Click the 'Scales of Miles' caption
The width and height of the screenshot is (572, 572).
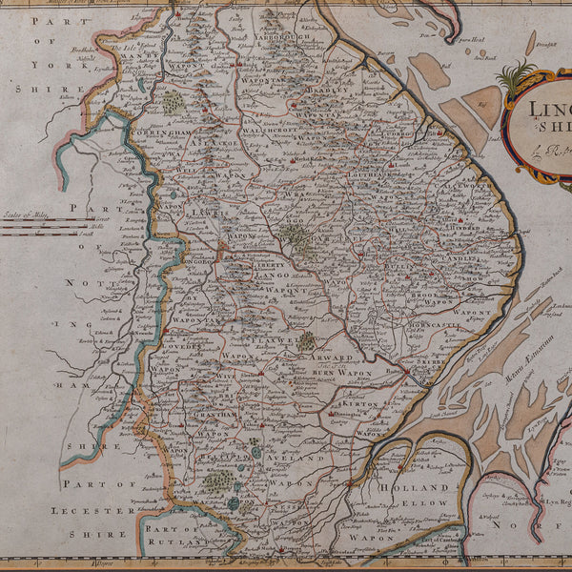point(26,214)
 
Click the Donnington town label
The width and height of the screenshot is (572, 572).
point(348,417)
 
